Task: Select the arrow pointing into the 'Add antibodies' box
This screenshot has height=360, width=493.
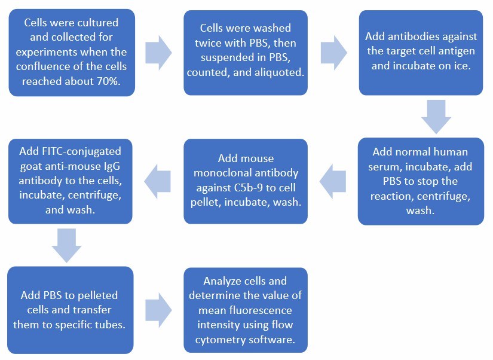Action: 333,52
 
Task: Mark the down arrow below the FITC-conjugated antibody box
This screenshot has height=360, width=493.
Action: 67,245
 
